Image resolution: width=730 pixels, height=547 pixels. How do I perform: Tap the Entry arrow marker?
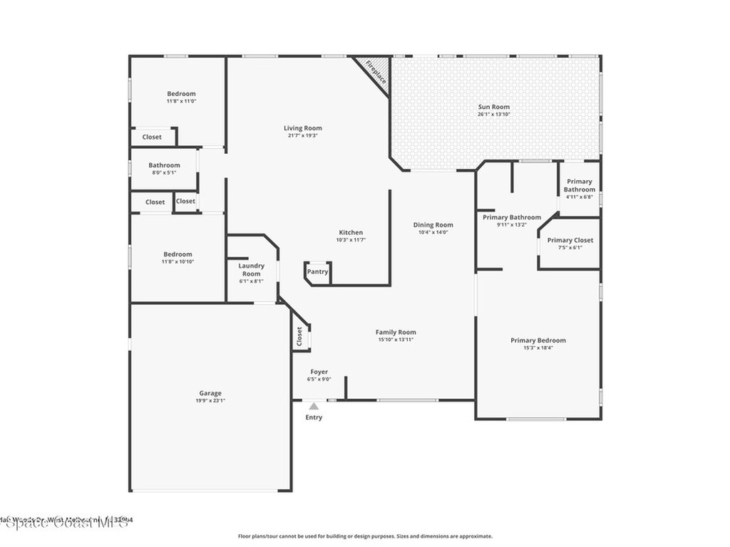pos(314,407)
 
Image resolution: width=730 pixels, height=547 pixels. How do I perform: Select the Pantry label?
pos(317,271)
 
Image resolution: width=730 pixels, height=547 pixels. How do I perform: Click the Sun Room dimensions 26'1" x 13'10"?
pos(494,115)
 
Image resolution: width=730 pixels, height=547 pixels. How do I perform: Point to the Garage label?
pos(210,393)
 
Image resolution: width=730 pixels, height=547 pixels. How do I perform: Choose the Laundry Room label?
pos(251,269)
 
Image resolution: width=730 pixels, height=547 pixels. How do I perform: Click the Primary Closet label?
pos(570,240)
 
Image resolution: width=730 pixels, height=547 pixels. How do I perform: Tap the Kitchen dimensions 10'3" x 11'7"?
pos(351,240)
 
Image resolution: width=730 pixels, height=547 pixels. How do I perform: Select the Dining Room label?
pos(433,225)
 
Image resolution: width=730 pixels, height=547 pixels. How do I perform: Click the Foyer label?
pos(319,372)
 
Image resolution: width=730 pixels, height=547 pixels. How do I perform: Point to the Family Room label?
pos(396,332)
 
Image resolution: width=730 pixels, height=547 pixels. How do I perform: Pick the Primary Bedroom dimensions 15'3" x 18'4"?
pos(538,348)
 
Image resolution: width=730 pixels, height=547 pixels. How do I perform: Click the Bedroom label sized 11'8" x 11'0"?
pos(181,93)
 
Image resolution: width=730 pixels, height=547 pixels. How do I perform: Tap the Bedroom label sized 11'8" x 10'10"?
pos(178,254)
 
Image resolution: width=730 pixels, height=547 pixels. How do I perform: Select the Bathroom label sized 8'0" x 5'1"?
pos(164,165)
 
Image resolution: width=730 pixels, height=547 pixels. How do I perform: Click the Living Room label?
pos(303,128)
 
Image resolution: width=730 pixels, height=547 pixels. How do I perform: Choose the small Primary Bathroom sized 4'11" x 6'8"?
pos(579,185)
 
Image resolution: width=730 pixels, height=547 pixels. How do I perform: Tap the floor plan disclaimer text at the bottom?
pos(365,536)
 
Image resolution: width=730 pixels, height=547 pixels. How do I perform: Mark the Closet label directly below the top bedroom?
pos(152,137)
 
